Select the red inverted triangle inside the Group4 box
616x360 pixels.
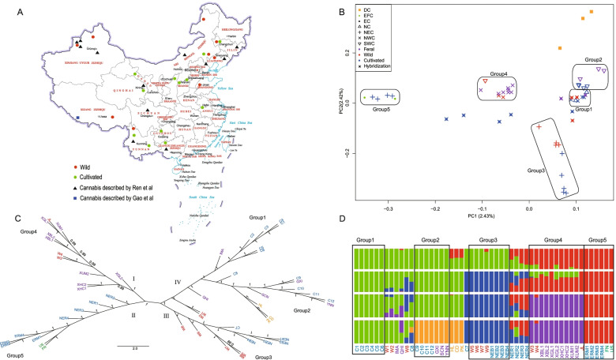click(486, 82)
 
